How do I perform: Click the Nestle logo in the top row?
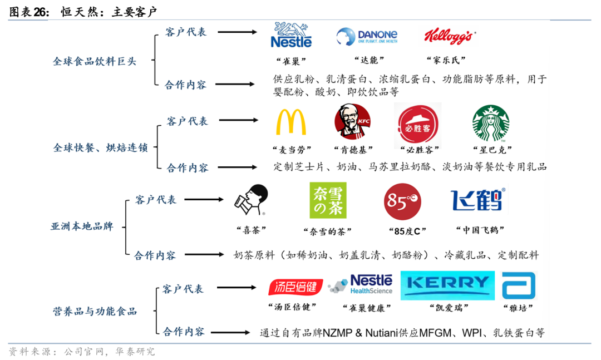(x=290, y=34)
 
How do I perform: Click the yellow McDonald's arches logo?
(x=290, y=122)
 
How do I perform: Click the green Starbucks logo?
(x=490, y=124)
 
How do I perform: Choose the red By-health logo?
(x=296, y=287)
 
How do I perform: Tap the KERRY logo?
(x=447, y=283)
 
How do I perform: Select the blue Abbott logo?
(x=518, y=285)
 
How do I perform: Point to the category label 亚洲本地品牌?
(x=82, y=226)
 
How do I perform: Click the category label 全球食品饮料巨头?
(x=95, y=61)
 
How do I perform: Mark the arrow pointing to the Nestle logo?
(x=238, y=32)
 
